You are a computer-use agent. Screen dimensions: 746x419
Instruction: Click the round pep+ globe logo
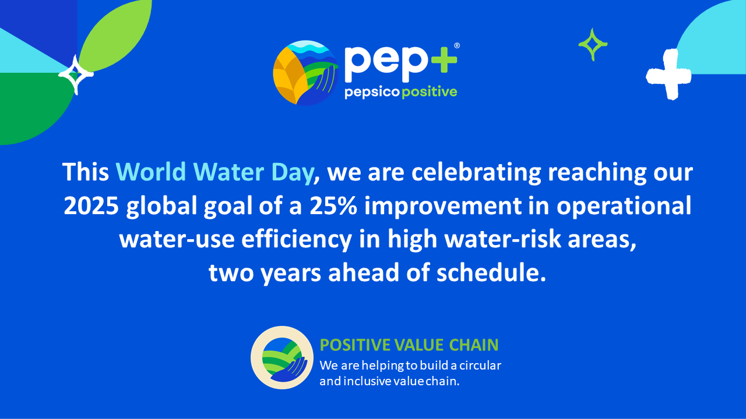coord(306,73)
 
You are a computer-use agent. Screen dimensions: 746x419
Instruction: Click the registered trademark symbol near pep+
coord(457,45)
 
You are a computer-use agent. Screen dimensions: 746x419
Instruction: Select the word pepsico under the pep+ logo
coord(372,92)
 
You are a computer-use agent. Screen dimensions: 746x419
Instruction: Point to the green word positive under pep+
coord(430,92)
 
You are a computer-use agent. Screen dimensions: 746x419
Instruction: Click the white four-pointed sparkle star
coord(76,75)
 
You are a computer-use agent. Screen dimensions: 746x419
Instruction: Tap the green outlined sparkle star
coord(593,45)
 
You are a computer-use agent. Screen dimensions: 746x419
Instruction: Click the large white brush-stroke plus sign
coord(668,74)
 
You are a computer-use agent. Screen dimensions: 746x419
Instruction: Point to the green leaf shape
coord(115,35)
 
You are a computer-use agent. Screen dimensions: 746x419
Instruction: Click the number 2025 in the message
coord(92,205)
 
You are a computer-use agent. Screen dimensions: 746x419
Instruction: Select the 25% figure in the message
coord(333,205)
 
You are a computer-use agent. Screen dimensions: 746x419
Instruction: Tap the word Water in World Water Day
coord(228,172)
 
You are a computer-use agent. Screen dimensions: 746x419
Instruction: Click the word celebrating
coord(476,172)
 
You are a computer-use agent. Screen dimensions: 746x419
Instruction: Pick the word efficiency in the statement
coord(297,239)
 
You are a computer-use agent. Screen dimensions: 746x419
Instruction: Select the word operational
coord(624,206)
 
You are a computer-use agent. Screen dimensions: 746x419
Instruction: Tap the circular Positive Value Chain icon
coord(282,357)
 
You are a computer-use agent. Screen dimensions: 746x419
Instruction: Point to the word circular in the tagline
coord(480,365)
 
